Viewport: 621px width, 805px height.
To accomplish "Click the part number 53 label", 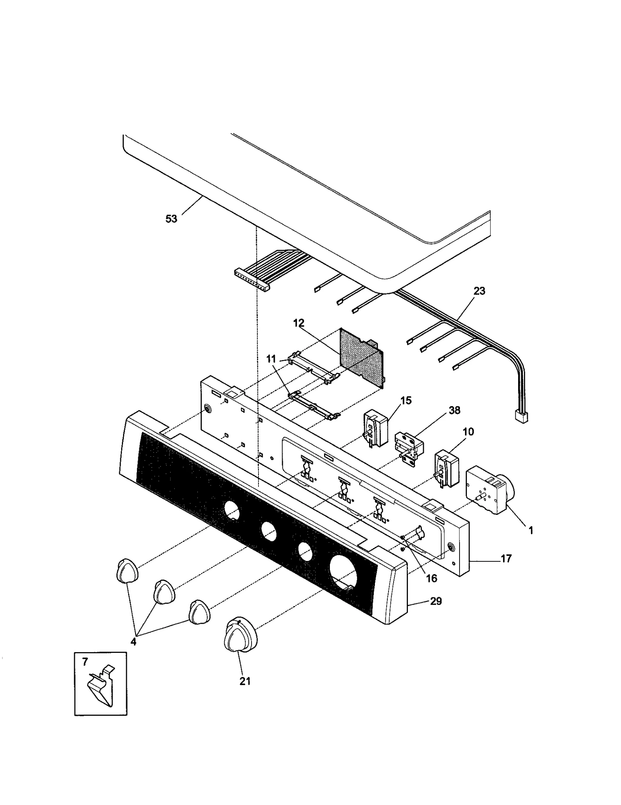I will [171, 219].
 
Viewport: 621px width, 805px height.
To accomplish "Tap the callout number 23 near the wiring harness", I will [479, 291].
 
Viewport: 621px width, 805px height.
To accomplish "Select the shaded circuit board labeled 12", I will [361, 357].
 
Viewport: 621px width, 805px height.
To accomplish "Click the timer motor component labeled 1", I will [488, 490].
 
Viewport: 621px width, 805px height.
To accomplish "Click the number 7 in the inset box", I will [85, 662].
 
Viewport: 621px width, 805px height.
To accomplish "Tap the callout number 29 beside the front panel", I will [436, 601].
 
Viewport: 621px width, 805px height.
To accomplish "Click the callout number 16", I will [432, 578].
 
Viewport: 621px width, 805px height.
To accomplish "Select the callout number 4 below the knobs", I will [133, 642].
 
